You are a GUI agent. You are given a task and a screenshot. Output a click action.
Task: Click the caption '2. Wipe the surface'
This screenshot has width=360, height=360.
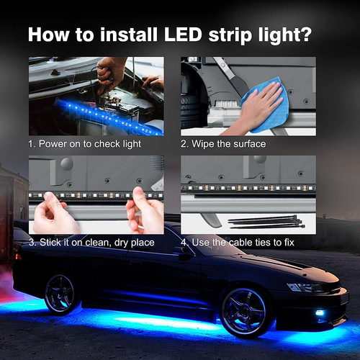pos(223,143)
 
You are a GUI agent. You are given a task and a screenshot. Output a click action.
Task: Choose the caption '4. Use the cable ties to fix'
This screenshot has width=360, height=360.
pos(238,243)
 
